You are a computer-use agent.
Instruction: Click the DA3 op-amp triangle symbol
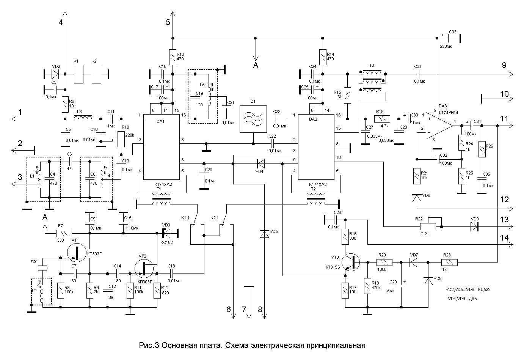[x=438, y=126]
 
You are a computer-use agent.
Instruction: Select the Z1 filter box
[x=253, y=119]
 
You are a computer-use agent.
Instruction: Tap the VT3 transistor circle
[x=350, y=262]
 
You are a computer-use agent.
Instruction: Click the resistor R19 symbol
[x=382, y=119]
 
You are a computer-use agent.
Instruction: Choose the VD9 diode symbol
[x=474, y=226]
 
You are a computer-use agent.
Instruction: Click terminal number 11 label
[x=504, y=118]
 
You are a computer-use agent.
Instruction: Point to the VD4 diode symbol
[x=261, y=164]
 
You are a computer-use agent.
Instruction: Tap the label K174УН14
[x=449, y=113]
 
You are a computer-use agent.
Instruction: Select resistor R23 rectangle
[x=450, y=262]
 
